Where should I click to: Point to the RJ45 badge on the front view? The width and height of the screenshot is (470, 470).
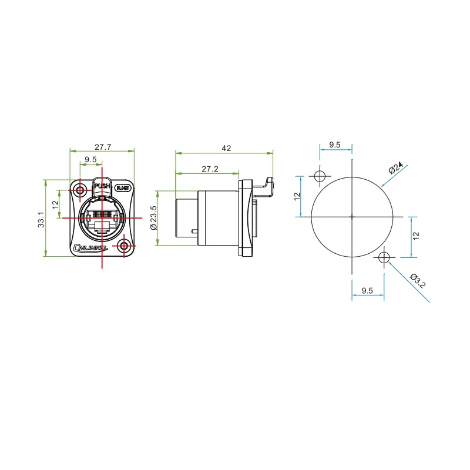[x=122, y=188]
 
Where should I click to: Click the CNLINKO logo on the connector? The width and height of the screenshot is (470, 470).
[x=91, y=249]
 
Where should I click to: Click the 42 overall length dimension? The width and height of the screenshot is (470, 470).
[x=226, y=149]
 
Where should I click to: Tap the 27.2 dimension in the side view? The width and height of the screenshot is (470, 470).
[x=210, y=169]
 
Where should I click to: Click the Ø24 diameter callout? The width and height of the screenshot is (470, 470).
[x=397, y=169]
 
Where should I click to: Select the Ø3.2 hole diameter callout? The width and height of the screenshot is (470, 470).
[x=418, y=281]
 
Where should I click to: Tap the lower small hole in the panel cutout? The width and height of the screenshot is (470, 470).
[x=384, y=257]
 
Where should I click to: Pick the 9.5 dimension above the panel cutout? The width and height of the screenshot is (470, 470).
[x=335, y=145]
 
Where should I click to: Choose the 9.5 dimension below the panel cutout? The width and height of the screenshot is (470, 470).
[x=368, y=290]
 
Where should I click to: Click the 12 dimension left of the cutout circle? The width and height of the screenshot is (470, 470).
[x=297, y=196]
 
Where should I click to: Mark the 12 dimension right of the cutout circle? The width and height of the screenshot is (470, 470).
[x=415, y=236]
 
